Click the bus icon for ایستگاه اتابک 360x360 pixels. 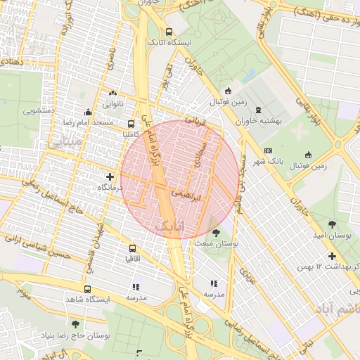[x=169, y=32]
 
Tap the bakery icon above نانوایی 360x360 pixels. [x=112, y=93]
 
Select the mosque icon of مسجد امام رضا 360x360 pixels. [x=88, y=112]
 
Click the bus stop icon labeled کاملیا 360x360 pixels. [x=131, y=123]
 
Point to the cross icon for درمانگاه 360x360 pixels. [x=110, y=176]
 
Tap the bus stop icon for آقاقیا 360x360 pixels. [x=133, y=248]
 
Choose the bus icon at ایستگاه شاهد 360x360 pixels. [x=87, y=289]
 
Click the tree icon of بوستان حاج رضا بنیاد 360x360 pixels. [x=76, y=325]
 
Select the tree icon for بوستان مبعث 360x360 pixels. [x=215, y=232]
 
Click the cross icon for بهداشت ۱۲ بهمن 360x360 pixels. [x=332, y=256]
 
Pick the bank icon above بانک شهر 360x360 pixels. [x=268, y=150]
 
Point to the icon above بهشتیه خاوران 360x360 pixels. [x=258, y=109]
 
